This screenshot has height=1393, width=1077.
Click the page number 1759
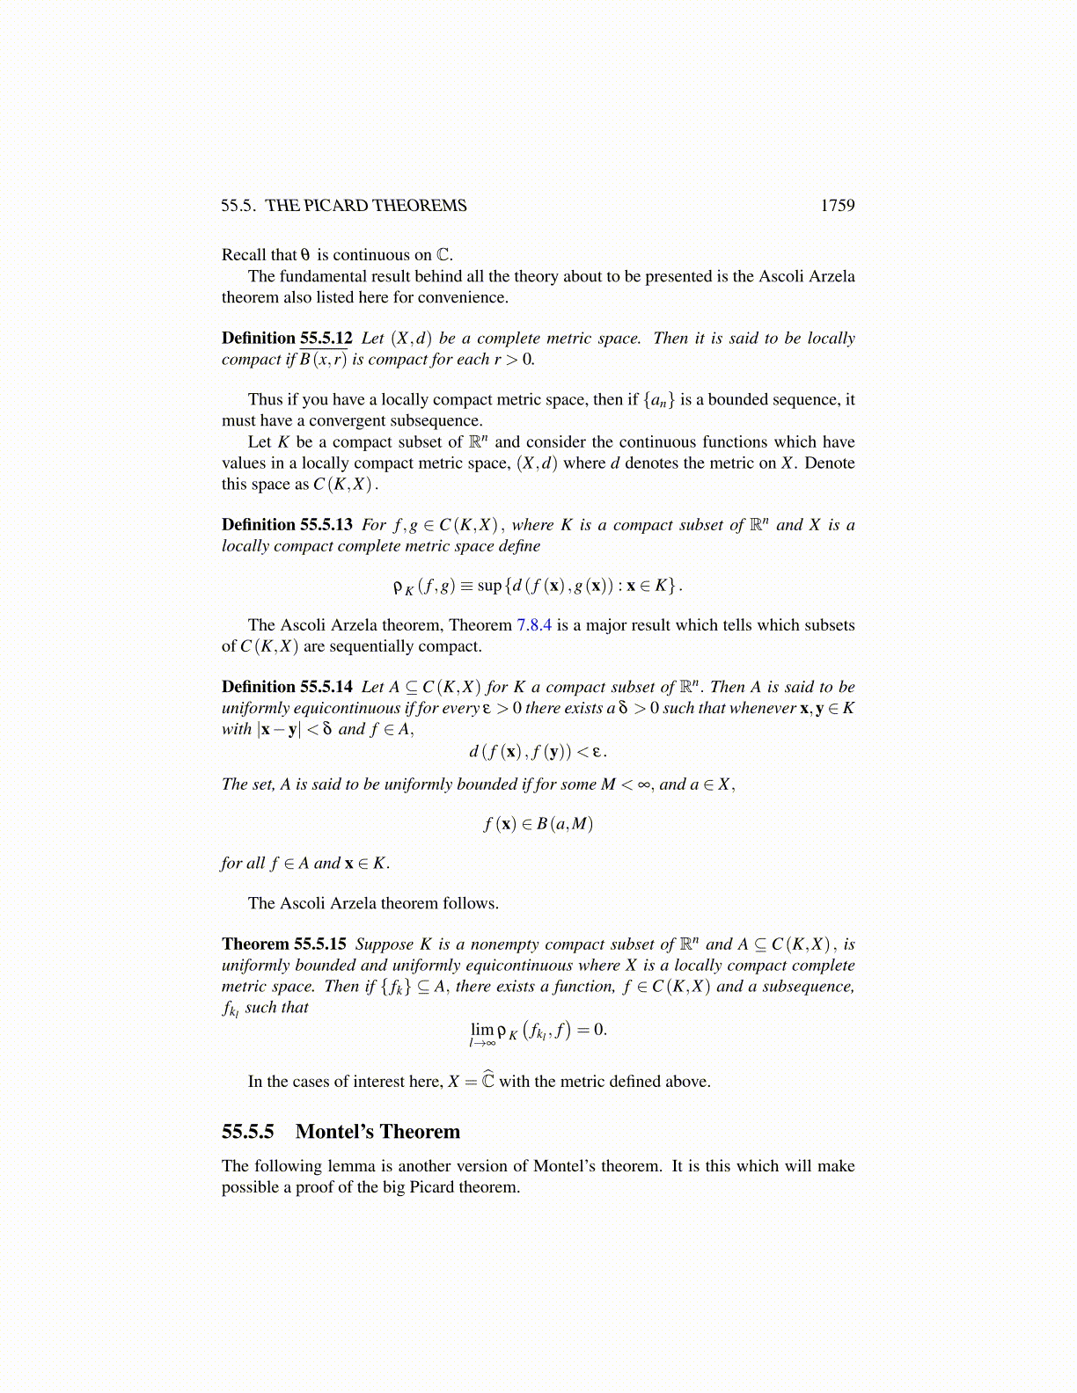coord(837,205)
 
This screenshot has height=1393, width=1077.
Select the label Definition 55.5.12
coord(287,338)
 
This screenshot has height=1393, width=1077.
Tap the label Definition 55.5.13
coord(287,524)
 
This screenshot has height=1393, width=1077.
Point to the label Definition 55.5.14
coord(287,687)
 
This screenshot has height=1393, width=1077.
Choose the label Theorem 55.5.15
coord(283,944)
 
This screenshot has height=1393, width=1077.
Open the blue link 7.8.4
coord(534,625)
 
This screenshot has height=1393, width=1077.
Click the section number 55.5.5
coord(248,1132)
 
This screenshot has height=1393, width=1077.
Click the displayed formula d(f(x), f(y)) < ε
coord(538,751)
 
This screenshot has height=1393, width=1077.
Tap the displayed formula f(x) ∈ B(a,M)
coord(538,824)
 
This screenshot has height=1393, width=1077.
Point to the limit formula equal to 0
coord(538,1031)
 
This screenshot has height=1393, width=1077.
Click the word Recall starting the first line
coord(245,255)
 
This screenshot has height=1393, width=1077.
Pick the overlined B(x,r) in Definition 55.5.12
coord(323,359)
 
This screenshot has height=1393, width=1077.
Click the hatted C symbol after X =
coord(487,1081)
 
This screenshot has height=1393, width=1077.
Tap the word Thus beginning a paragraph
coord(266,400)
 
